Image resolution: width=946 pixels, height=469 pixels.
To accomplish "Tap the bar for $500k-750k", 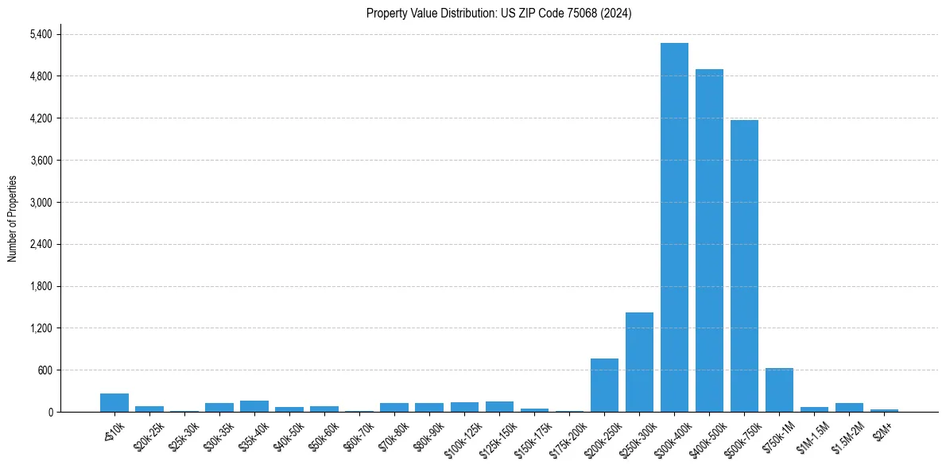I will coord(744,266).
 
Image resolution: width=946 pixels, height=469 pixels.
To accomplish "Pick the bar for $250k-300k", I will coord(639,362).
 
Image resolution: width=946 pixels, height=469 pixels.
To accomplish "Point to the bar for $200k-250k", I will coord(604,386).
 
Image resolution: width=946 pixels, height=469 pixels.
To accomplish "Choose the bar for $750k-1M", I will coord(779,390).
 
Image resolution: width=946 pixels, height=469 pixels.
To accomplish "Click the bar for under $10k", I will coord(114,403).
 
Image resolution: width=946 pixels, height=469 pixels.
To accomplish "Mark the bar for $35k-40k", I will coord(254,406).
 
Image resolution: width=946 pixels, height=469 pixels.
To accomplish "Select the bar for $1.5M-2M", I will coord(849,408).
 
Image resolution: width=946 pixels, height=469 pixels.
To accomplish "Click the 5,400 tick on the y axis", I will coord(40,35).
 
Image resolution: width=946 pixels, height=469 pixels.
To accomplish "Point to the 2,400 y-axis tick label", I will coord(40,245).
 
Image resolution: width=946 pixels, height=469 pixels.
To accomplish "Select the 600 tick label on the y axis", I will coord(45,370).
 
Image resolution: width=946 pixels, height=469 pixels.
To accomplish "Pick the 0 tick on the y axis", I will coord(50,413).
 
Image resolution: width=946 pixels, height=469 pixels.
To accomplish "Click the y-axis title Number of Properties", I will coord(12,219).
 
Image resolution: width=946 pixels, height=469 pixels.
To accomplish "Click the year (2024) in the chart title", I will coord(617,14).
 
